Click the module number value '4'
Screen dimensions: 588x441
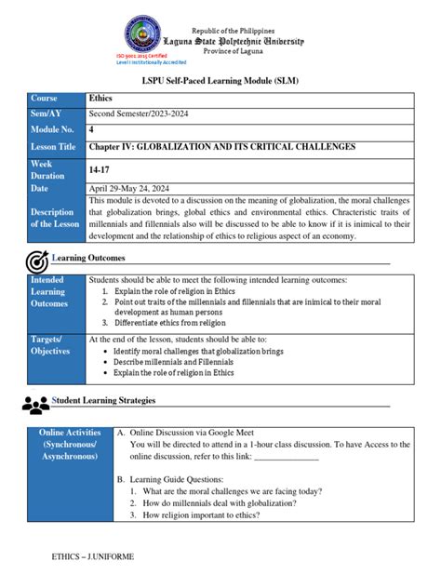(x=91, y=130)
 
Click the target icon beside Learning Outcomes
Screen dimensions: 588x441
(x=37, y=260)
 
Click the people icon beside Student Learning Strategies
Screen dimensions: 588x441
(x=36, y=404)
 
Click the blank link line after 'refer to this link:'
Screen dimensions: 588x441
(x=287, y=458)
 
